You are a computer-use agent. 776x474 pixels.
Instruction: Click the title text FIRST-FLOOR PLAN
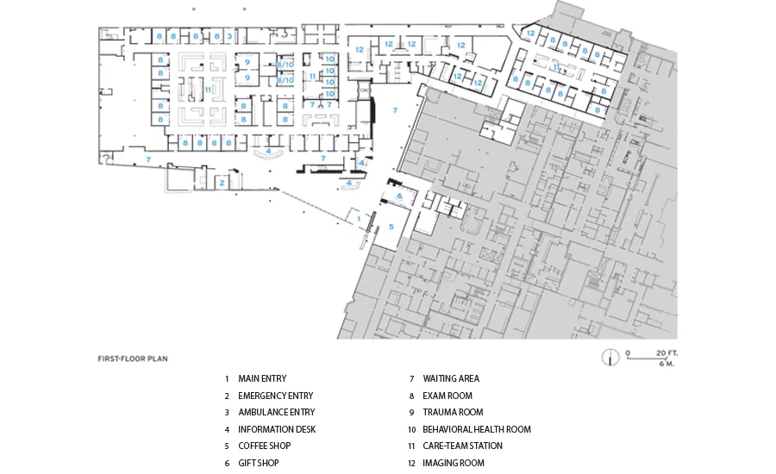(x=133, y=359)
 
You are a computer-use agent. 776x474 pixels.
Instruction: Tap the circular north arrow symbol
(x=610, y=358)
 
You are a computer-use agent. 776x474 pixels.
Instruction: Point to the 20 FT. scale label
(x=666, y=353)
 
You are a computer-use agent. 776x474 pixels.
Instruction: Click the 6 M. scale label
(x=666, y=365)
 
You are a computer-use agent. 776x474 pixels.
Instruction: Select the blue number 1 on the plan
(x=359, y=219)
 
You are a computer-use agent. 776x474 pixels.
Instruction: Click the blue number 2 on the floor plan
(x=222, y=183)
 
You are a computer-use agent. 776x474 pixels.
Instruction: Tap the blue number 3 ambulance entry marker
(x=229, y=36)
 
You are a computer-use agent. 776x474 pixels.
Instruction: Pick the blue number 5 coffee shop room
(x=391, y=227)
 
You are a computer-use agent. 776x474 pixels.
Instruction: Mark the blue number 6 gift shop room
(x=399, y=196)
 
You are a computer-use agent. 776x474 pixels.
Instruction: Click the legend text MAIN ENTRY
(x=262, y=378)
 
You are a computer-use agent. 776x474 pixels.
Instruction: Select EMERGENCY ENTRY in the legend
(x=276, y=396)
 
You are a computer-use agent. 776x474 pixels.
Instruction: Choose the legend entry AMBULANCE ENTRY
(x=277, y=412)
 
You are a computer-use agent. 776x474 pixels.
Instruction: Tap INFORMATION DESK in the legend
(x=277, y=429)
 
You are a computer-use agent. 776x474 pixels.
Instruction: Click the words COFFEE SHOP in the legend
(x=265, y=446)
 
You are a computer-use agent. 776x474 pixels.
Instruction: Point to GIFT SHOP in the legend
(x=259, y=463)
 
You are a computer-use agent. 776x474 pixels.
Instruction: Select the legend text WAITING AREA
(x=451, y=378)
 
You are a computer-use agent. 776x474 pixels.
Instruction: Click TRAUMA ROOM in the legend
(x=453, y=412)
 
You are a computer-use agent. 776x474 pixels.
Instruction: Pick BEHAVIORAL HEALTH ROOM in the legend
(x=477, y=429)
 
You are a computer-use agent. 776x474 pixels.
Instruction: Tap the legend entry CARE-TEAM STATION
(x=462, y=446)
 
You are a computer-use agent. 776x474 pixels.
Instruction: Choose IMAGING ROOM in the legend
(x=454, y=463)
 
